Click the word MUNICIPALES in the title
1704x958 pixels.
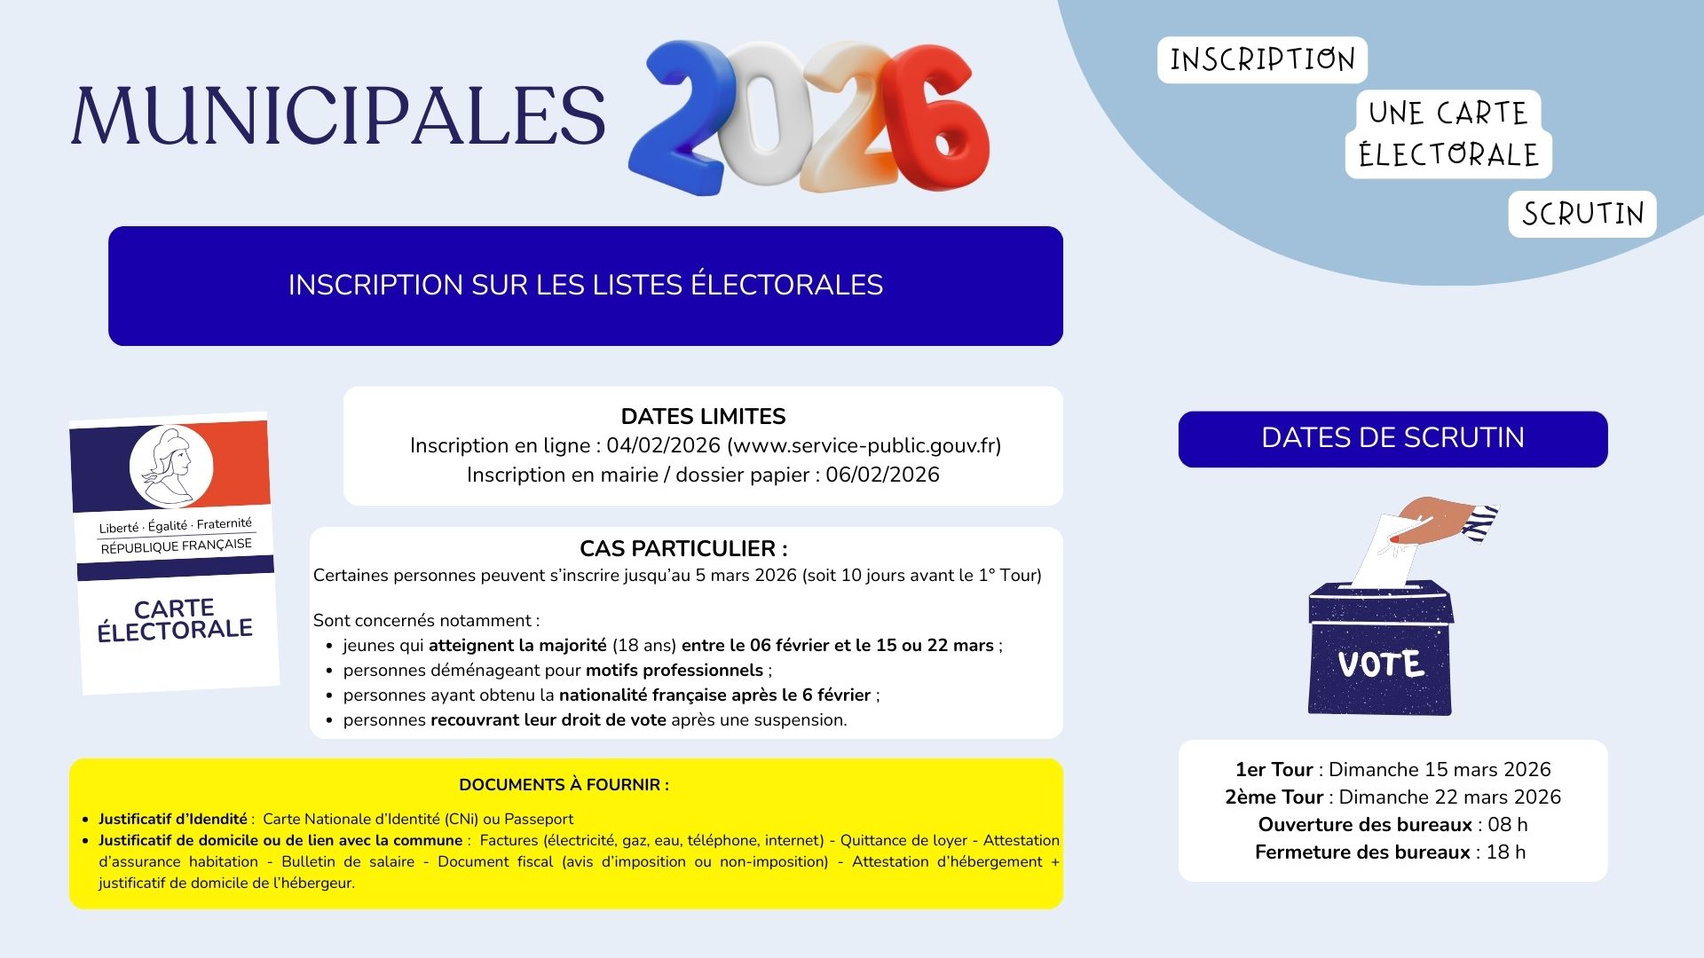point(337,115)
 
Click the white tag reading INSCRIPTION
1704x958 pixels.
point(1262,60)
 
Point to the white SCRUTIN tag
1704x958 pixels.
point(1582,214)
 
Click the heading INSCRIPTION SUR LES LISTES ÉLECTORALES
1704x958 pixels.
point(586,285)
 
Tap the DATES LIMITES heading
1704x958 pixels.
point(703,416)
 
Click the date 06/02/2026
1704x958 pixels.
point(882,475)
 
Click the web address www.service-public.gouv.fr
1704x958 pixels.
point(864,445)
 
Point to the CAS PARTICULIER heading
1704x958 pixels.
point(683,548)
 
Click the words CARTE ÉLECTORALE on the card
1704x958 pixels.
point(175,619)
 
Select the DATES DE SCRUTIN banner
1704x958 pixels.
point(1392,438)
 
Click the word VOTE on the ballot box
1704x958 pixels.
point(1381,664)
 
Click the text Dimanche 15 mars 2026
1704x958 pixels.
point(1440,769)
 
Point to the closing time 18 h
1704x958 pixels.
point(1505,852)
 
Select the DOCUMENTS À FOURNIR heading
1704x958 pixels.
point(564,785)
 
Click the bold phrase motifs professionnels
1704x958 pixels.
point(674,670)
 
